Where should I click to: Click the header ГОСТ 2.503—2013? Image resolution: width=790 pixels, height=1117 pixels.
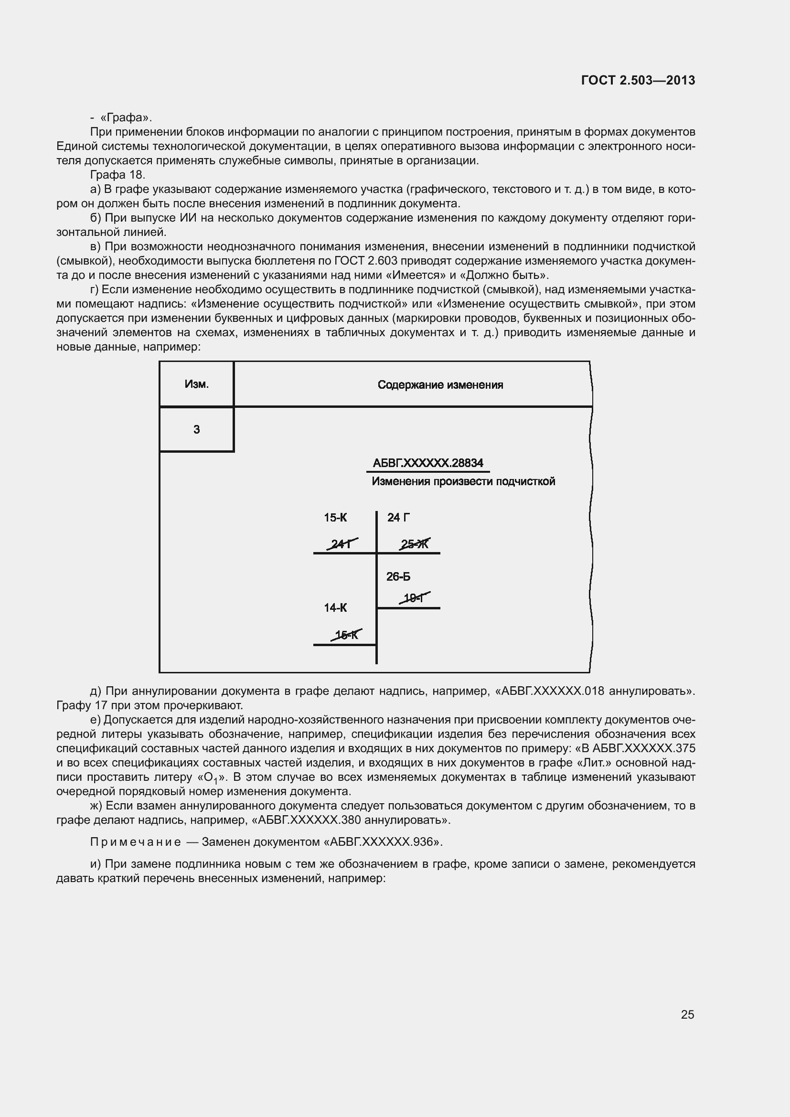point(638,80)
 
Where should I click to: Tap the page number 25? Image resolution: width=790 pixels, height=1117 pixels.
point(687,1014)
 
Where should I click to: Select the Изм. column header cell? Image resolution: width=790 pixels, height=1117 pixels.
point(196,384)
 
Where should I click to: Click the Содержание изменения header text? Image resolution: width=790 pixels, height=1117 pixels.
point(440,385)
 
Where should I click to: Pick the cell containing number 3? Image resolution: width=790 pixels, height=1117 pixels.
point(196,430)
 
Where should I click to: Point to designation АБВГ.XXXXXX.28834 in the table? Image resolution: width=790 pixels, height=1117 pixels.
point(427,463)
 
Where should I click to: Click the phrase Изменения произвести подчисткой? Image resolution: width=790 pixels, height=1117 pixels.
point(463,482)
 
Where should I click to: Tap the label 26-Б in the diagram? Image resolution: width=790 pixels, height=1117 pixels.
point(398,576)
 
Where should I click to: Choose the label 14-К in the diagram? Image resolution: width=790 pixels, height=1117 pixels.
point(335,607)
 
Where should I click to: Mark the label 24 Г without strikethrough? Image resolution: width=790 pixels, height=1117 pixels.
point(398,518)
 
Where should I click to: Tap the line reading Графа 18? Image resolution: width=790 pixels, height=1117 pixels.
point(117,175)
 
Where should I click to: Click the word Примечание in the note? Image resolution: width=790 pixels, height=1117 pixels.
point(136,841)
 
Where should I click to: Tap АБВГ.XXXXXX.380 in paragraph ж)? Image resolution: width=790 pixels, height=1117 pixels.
point(310,820)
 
